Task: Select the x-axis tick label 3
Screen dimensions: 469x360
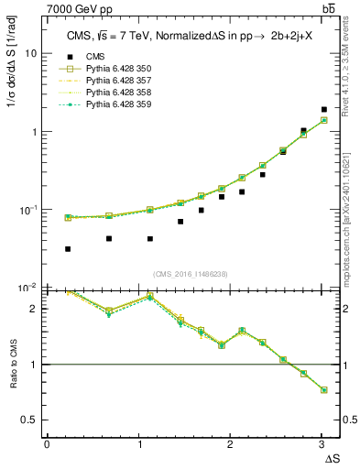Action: (x=322, y=444)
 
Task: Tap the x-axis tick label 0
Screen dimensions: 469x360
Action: (x=47, y=444)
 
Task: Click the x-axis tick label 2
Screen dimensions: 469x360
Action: (x=230, y=444)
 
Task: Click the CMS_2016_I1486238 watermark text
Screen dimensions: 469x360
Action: (x=190, y=273)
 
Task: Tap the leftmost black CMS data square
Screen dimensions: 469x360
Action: (x=68, y=248)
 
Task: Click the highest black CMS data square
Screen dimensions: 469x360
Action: (x=323, y=110)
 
